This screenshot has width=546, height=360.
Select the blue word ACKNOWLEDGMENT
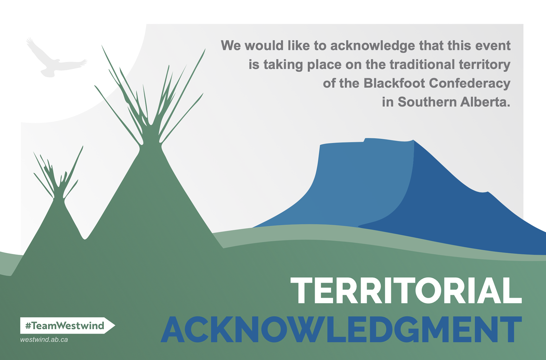(x=341, y=329)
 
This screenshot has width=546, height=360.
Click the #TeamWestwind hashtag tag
(x=67, y=325)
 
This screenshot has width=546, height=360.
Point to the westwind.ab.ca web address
(x=44, y=340)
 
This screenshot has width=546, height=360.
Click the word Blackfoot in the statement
(x=394, y=83)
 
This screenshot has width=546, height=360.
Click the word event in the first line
(x=493, y=46)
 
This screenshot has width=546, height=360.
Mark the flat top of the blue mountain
(x=367, y=141)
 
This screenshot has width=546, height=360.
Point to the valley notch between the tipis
(x=84, y=238)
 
